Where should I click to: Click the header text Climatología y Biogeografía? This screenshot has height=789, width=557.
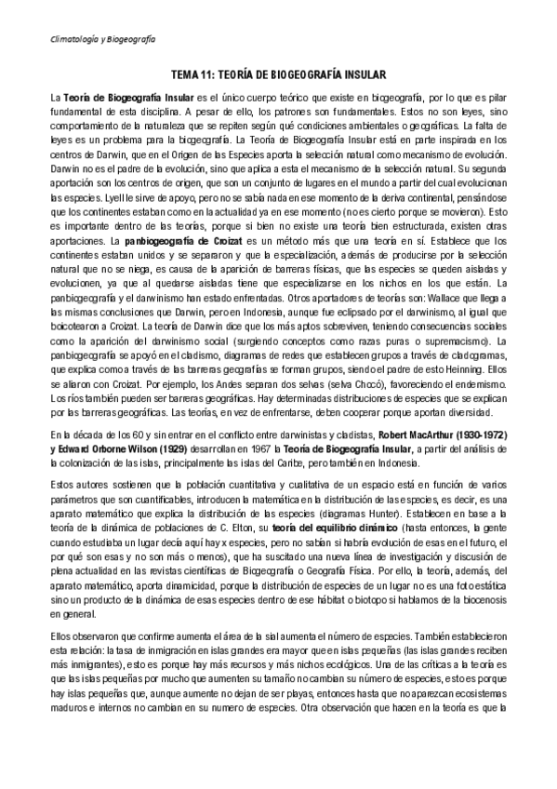pos(102,39)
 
